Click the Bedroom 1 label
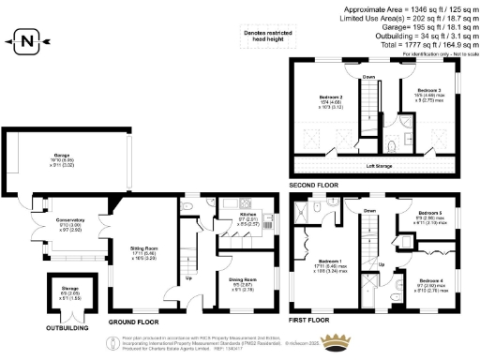328,261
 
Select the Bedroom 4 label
430,281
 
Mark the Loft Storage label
379,165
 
